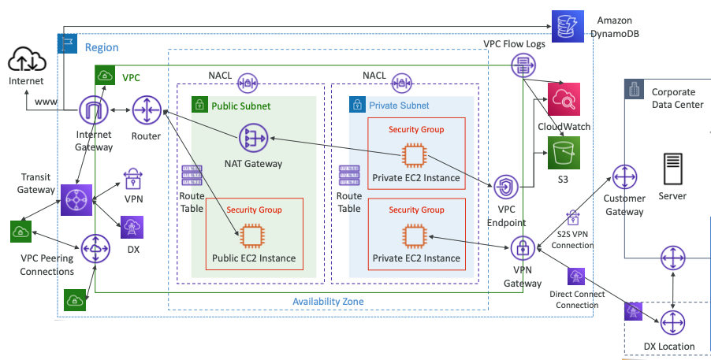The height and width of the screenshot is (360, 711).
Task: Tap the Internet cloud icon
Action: click(27, 59)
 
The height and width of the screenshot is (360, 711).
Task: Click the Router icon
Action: click(147, 112)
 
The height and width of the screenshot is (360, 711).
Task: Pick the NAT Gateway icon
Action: click(253, 139)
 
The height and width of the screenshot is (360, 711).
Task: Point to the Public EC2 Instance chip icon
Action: click(253, 235)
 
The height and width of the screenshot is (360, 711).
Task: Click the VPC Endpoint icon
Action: click(505, 188)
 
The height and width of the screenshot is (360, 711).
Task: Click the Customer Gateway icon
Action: click(624, 177)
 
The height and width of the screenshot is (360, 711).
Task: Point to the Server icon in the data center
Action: click(672, 169)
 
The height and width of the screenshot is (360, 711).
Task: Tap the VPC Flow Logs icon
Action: click(522, 66)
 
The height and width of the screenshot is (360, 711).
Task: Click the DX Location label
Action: click(669, 346)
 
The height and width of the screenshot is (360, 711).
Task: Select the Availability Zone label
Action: click(327, 302)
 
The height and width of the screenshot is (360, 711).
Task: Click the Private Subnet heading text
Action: click(399, 106)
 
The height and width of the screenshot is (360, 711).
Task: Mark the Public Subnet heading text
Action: click(241, 106)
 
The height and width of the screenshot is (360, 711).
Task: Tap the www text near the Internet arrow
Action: click(46, 102)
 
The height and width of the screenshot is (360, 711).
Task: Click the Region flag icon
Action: click(67, 43)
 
